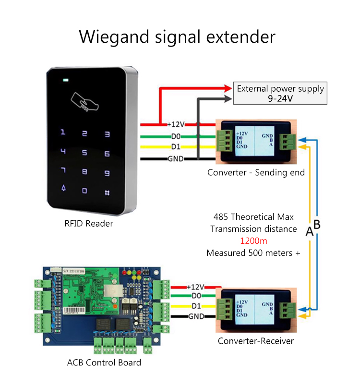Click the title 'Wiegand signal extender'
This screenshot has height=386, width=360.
click(177, 36)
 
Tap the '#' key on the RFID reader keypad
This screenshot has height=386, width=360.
click(107, 193)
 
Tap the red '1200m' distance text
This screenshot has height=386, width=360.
click(253, 241)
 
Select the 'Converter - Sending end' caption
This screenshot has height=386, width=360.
click(256, 172)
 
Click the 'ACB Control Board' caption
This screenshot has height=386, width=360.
click(104, 362)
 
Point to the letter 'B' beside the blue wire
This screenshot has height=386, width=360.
click(317, 224)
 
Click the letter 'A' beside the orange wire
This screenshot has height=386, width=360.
click(310, 232)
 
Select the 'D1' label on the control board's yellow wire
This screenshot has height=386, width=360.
click(196, 306)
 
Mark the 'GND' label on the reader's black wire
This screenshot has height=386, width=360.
click(175, 159)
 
